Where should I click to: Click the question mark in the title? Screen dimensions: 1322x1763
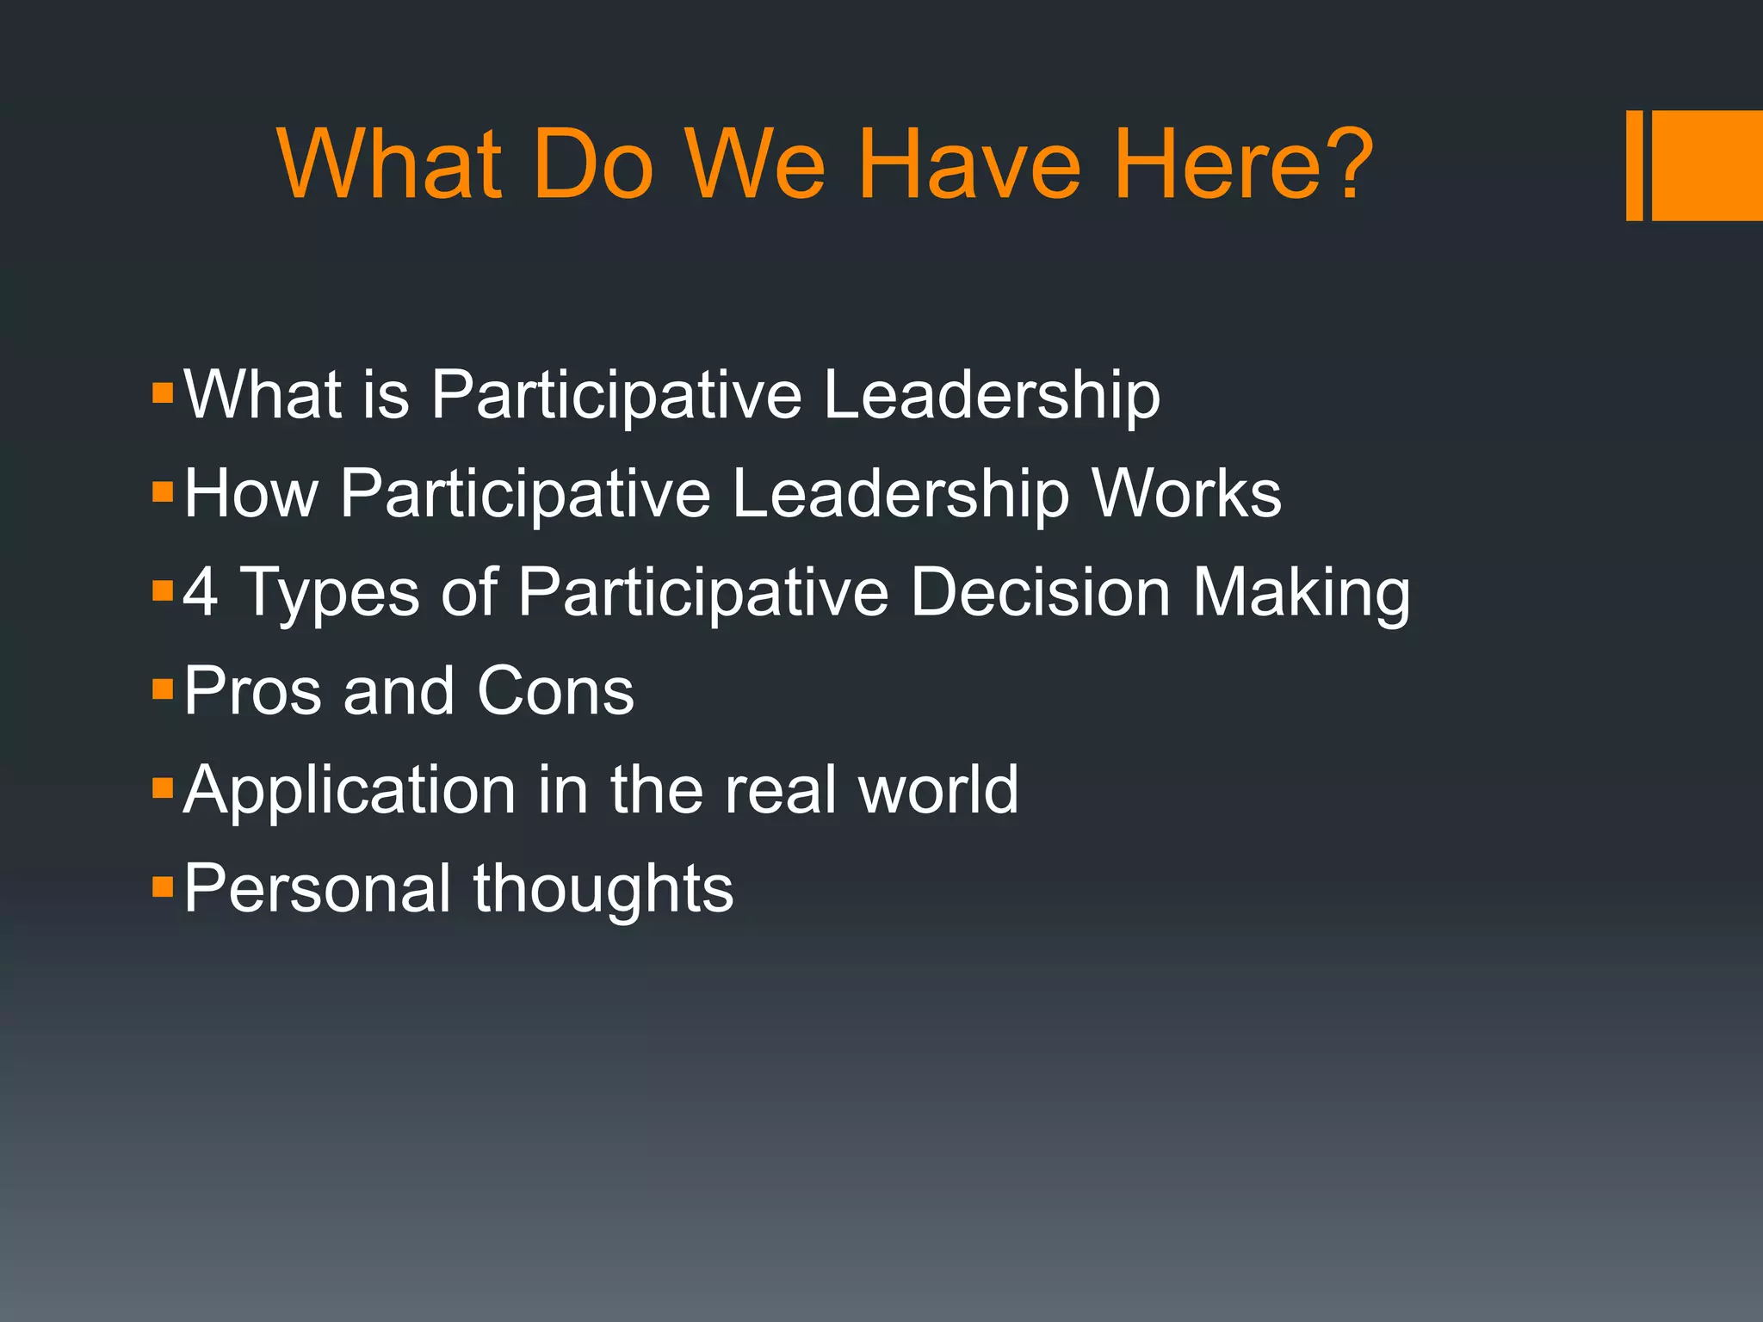click(x=1340, y=163)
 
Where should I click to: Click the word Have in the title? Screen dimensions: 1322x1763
click(x=970, y=164)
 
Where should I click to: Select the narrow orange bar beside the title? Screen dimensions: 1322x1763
click(x=1634, y=165)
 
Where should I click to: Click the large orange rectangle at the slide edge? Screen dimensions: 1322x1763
click(x=1707, y=165)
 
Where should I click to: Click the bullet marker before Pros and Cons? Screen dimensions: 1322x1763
click(x=163, y=689)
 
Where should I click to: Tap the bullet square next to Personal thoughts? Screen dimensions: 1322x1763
click(x=163, y=886)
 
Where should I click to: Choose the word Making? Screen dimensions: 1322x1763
click(x=1302, y=594)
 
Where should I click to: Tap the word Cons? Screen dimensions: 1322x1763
click(x=555, y=691)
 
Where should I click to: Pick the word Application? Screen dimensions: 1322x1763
click(x=350, y=791)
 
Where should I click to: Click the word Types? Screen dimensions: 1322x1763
click(x=328, y=594)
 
